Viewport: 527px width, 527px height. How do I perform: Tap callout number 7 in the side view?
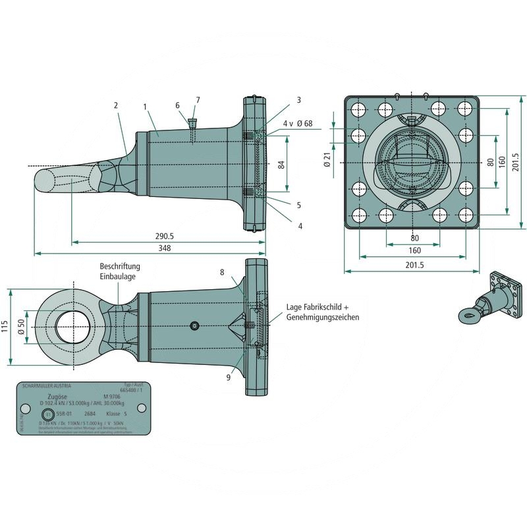[x=197, y=99]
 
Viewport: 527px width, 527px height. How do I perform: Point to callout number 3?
[x=298, y=100]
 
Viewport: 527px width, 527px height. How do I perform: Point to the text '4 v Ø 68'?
[x=297, y=123]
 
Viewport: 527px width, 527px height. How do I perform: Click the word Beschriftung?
[x=119, y=266]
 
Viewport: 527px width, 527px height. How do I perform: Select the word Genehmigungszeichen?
[x=323, y=318]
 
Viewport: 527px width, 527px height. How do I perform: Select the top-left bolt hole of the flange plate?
[x=360, y=109]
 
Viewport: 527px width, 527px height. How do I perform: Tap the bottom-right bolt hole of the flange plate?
[x=466, y=215]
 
